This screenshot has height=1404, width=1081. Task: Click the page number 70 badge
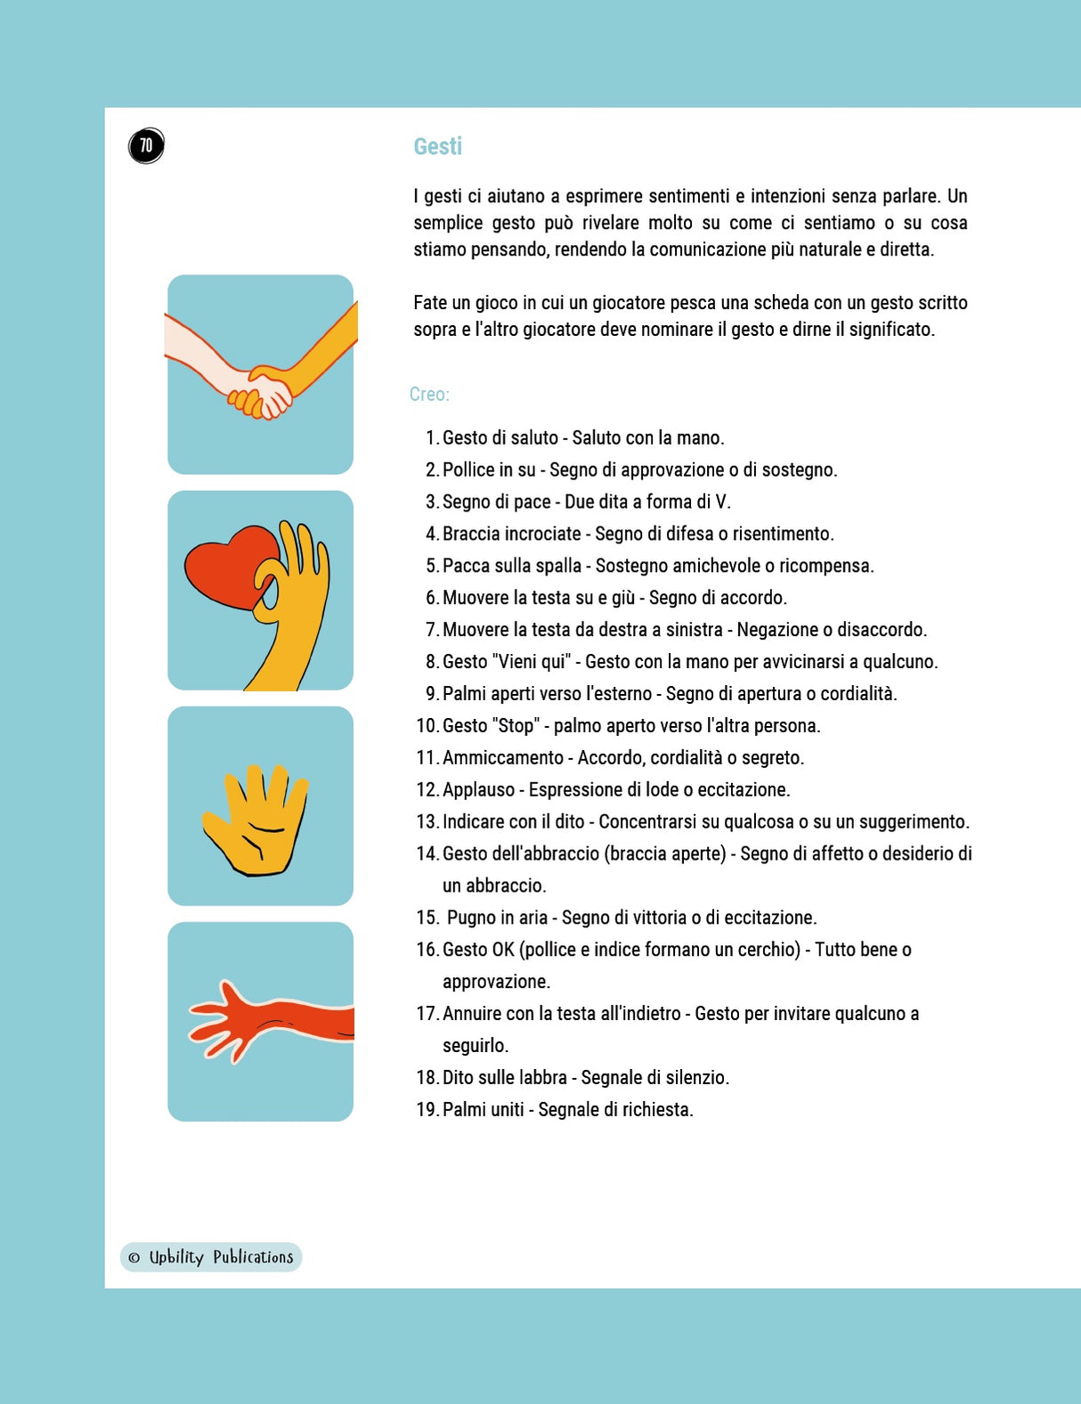[146, 145]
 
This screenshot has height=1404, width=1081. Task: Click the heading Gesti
[438, 147]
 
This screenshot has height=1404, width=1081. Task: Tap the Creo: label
[429, 394]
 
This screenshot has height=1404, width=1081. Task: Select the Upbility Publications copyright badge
[211, 1257]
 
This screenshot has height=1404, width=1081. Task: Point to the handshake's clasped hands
[262, 392]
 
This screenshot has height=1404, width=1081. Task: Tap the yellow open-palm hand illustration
[256, 820]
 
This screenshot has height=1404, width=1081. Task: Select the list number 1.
[432, 438]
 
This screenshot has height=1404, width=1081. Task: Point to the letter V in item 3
[720, 502]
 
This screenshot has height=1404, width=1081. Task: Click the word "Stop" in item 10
[516, 725]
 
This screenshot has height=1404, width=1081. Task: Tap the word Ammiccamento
[503, 757]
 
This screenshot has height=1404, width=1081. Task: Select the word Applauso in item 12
[478, 789]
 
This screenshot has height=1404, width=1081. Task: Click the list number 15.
[427, 918]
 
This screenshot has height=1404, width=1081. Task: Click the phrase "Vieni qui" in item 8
[532, 662]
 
